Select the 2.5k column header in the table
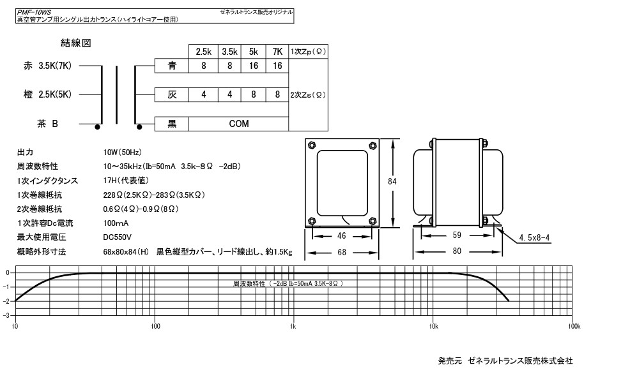204,51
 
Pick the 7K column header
277,51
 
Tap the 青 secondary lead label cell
172,66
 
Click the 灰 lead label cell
172,95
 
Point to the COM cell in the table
239,124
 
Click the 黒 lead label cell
172,124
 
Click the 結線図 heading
76,43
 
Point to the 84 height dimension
392,181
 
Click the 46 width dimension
342,235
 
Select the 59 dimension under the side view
456,235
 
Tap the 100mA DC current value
116,223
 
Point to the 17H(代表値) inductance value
126,180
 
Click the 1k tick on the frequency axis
293,326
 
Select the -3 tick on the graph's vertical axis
6,315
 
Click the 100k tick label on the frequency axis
573,326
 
